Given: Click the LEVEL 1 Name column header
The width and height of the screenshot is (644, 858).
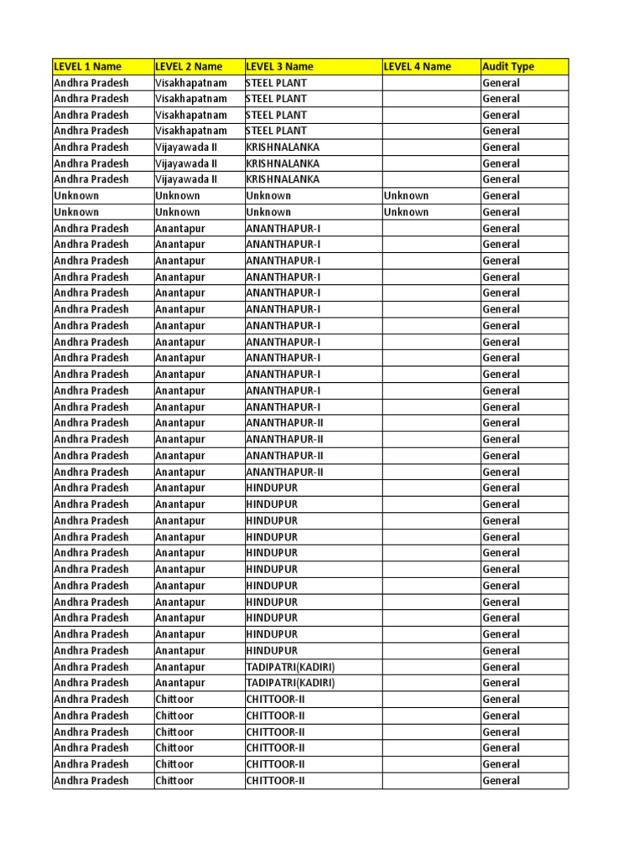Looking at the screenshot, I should [87, 67].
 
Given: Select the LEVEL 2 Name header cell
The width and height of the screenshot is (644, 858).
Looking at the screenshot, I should [189, 67].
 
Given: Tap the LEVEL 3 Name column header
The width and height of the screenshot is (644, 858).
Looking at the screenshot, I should [279, 67].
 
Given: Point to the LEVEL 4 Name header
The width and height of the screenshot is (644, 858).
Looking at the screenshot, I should [418, 67].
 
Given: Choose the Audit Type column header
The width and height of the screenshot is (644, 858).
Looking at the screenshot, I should [508, 67].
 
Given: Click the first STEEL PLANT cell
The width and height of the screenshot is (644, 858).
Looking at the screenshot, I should [276, 83].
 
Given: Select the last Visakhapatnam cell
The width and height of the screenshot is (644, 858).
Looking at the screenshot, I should [191, 131].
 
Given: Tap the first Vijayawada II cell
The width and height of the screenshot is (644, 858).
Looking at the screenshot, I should [186, 147].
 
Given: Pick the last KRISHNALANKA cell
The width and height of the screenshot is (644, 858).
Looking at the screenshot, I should [283, 179].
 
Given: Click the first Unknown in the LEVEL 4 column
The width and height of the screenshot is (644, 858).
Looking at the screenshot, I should [406, 196].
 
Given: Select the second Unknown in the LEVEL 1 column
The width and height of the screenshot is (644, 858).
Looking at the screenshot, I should [76, 212].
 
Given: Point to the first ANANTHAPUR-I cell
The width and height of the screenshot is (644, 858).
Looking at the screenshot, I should [283, 229].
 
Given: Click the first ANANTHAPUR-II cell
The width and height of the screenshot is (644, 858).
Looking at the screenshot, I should [284, 423].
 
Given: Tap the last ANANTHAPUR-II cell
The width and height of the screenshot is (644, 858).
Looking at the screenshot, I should [284, 472].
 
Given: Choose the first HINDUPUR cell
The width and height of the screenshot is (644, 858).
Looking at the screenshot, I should [272, 488].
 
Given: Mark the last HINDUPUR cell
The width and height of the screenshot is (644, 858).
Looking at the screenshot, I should [272, 650].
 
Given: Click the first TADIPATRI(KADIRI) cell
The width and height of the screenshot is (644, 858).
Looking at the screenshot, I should [290, 667].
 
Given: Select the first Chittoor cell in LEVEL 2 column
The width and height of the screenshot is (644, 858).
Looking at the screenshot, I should [174, 700].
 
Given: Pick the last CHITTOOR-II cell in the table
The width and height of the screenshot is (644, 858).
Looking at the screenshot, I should [275, 781].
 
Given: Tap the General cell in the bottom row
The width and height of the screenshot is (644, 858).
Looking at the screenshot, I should [501, 781].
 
